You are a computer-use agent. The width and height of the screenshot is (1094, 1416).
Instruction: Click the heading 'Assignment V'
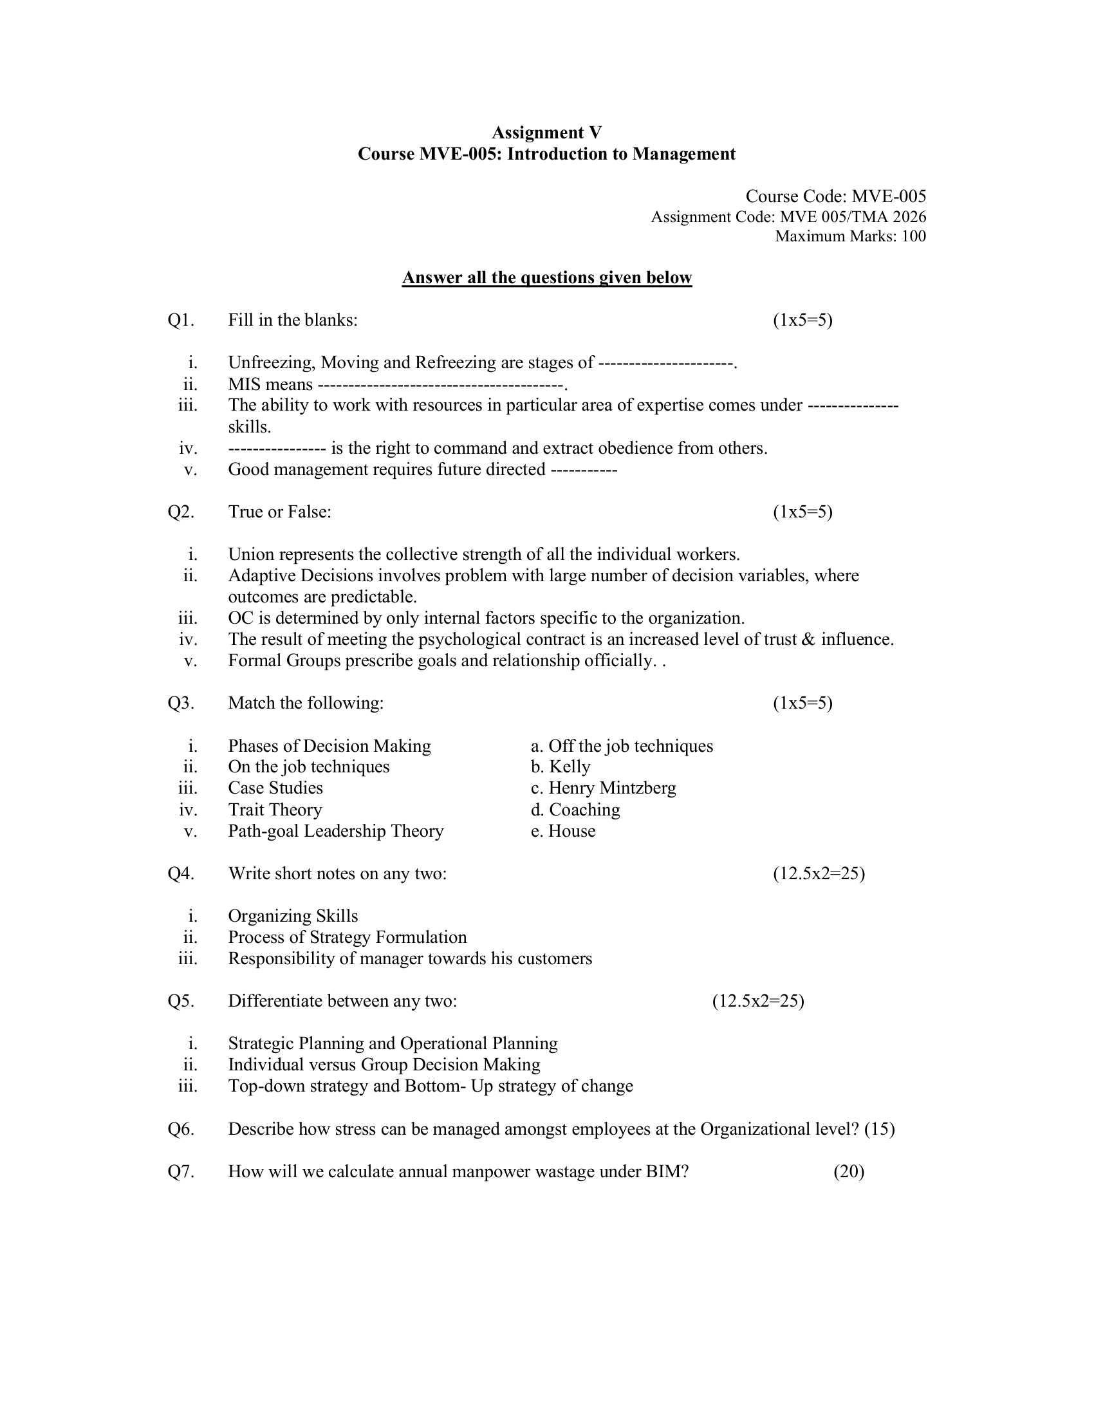[546, 133]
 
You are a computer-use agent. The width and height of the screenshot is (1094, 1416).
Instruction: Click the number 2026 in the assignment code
[909, 216]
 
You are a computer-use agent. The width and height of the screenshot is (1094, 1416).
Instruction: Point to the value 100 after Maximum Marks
[913, 236]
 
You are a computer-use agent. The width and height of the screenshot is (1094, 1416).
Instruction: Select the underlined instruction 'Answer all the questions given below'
[546, 277]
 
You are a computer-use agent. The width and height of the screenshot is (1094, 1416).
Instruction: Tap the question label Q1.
[181, 321]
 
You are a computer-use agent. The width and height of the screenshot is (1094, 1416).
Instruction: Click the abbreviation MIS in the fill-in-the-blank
[244, 384]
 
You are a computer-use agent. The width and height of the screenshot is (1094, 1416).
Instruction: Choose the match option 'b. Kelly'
[560, 767]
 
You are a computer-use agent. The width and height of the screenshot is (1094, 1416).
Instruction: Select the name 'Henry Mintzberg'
[612, 788]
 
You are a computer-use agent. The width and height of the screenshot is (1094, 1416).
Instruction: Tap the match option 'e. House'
[562, 831]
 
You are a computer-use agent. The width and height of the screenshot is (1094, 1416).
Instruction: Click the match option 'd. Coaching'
[575, 810]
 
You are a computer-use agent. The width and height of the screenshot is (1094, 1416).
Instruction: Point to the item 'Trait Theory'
[275, 810]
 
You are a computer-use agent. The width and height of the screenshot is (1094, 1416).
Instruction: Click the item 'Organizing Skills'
[293, 916]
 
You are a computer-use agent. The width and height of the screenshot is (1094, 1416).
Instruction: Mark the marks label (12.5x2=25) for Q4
[819, 874]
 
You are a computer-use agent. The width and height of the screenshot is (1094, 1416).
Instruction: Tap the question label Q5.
[181, 1001]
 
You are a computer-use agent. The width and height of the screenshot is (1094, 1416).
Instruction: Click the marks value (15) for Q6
[880, 1130]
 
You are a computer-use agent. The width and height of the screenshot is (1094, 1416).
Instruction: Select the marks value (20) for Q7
[849, 1171]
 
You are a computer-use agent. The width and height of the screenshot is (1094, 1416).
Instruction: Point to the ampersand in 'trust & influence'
[808, 640]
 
